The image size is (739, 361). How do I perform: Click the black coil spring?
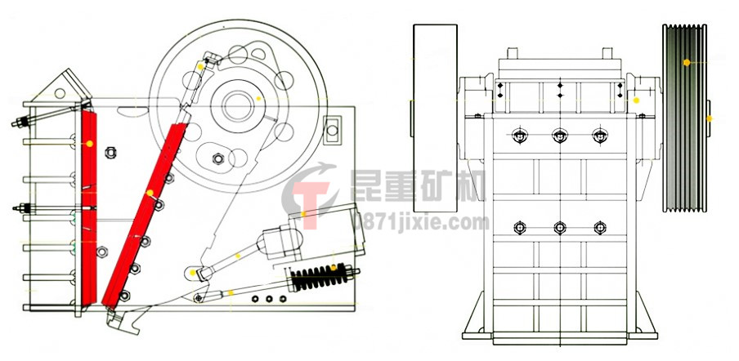coord(320,277)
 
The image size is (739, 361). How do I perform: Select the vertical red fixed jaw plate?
coord(88,207)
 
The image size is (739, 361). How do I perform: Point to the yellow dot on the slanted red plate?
coord(150,193)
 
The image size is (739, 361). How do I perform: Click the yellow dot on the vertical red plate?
coord(90,144)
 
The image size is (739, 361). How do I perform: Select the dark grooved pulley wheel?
coord(684,118)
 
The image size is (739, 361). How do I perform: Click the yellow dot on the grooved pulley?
coord(687,62)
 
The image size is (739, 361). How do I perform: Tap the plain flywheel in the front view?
coord(435,118)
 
